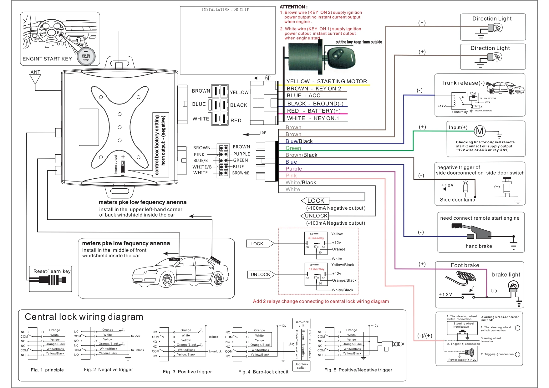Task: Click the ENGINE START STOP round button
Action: [x=86, y=57]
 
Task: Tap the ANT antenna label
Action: [x=35, y=72]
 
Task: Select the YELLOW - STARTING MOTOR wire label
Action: [x=327, y=81]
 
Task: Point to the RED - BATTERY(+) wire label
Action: [x=314, y=111]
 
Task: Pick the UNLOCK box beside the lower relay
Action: [x=260, y=274]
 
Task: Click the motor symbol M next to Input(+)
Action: [x=480, y=131]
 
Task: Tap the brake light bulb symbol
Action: [x=513, y=286]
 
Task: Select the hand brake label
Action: [x=479, y=246]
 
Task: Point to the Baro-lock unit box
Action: [x=302, y=324]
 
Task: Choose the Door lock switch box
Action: [x=302, y=366]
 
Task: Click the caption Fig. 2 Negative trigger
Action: [x=108, y=370]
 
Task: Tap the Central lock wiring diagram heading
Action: [x=84, y=317]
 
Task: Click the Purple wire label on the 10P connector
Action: [x=294, y=169]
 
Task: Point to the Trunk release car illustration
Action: [x=505, y=88]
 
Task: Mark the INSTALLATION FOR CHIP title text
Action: [x=226, y=9]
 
